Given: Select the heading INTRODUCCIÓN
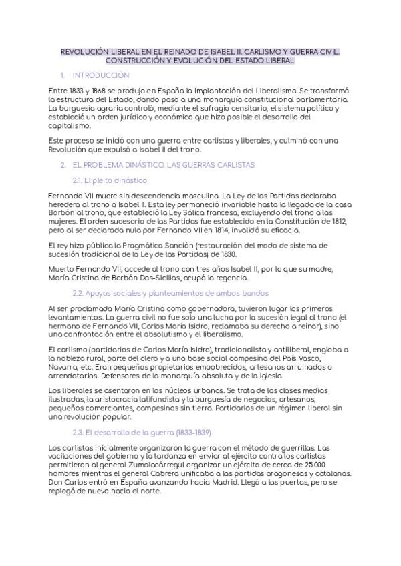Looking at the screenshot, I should click(101, 75).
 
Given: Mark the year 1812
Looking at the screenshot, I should click(339, 220).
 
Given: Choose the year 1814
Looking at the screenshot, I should click(219, 229).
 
